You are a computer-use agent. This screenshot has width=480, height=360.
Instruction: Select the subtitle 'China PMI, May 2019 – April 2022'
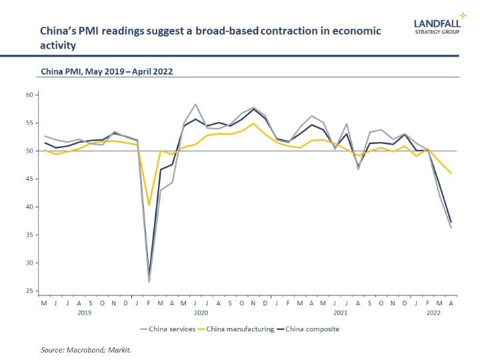pyautogui.click(x=107, y=71)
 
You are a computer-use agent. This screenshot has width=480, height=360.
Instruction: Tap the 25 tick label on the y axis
pyautogui.click(x=29, y=291)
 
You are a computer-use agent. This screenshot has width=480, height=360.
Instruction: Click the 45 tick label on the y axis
pyautogui.click(x=29, y=179)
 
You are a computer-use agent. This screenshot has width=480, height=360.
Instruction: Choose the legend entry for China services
pyautogui.click(x=168, y=329)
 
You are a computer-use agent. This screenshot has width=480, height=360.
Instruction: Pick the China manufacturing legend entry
pyautogui.click(x=236, y=329)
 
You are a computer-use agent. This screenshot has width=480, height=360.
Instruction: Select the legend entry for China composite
pyautogui.click(x=308, y=329)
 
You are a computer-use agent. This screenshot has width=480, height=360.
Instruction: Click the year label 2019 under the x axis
pyautogui.click(x=85, y=313)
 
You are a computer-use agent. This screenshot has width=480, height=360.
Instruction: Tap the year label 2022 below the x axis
pyautogui.click(x=433, y=313)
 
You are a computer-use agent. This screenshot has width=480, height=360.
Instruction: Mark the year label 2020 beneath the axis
pyautogui.click(x=201, y=313)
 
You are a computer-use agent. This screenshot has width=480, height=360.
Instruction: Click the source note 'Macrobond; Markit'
pyautogui.click(x=99, y=349)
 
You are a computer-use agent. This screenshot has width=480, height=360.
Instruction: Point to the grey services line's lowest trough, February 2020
pyautogui.click(x=149, y=282)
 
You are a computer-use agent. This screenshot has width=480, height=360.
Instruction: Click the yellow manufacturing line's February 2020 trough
pyautogui.click(x=149, y=205)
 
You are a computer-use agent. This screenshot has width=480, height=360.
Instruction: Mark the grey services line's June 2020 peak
pyautogui.click(x=195, y=105)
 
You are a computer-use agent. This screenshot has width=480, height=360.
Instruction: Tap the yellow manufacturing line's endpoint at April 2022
pyautogui.click(x=451, y=173)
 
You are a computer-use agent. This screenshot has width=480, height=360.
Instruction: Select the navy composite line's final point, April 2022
pyautogui.click(x=451, y=223)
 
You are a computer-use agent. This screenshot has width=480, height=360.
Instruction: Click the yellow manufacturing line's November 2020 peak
pyautogui.click(x=253, y=124)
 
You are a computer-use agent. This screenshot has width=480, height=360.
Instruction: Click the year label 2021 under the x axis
pyautogui.click(x=341, y=313)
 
